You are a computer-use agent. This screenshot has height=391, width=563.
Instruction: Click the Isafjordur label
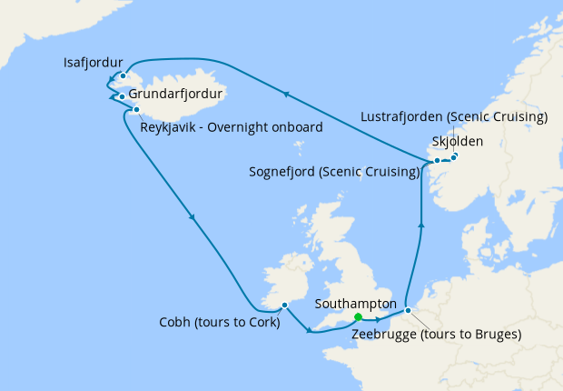pos(94,64)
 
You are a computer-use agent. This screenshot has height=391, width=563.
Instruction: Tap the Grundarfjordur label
pos(175,94)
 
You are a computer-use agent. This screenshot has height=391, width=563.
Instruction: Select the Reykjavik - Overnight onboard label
pos(232,128)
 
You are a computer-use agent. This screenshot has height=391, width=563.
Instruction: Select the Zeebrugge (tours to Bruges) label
pos(436,334)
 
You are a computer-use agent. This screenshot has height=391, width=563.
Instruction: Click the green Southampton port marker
pos(358,317)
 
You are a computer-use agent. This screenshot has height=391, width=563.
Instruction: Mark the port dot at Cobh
pos(284,305)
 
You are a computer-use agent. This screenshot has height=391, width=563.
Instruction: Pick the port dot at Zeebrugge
pos(408,310)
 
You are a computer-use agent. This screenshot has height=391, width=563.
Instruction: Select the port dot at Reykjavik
pos(136,110)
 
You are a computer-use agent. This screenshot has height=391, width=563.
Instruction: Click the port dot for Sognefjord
pos(437,161)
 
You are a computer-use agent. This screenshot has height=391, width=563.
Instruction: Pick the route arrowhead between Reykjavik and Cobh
pos(192,216)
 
